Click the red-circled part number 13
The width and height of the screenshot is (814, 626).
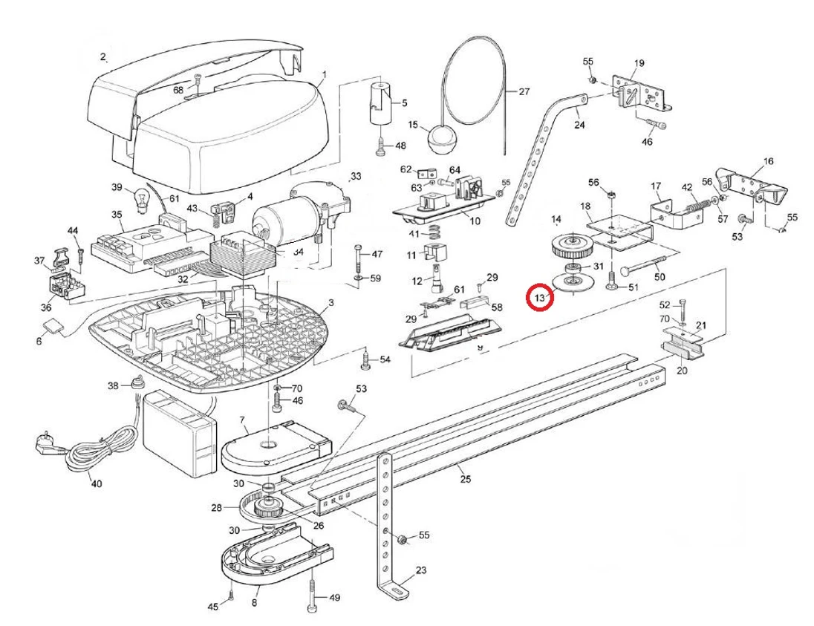tap(540, 298)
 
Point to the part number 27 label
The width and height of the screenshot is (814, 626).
tap(524, 93)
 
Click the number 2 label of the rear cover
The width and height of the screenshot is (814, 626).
tap(103, 57)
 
